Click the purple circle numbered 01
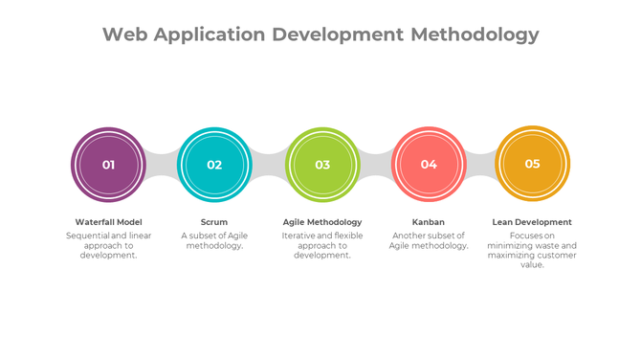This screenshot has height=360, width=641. [108, 165]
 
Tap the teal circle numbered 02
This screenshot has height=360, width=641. [214, 165]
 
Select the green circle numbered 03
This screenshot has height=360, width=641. [322, 165]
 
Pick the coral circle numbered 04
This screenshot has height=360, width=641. [429, 165]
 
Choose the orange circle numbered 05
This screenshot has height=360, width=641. [532, 164]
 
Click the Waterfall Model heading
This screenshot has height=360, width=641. [108, 222]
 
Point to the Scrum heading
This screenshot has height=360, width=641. [214, 222]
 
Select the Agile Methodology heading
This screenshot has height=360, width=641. [322, 222]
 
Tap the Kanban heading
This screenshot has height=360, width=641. [429, 222]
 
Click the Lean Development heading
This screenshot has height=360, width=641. [532, 222]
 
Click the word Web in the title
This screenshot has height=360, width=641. [125, 35]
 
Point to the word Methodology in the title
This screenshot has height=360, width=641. [475, 35]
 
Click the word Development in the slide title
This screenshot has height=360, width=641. [338, 35]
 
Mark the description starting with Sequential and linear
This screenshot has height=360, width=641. [108, 245]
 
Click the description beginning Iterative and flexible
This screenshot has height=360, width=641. [322, 245]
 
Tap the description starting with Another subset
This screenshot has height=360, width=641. [429, 240]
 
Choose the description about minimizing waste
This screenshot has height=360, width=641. [532, 250]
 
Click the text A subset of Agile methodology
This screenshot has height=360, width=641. [214, 240]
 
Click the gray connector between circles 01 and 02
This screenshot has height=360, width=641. [161, 165]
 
